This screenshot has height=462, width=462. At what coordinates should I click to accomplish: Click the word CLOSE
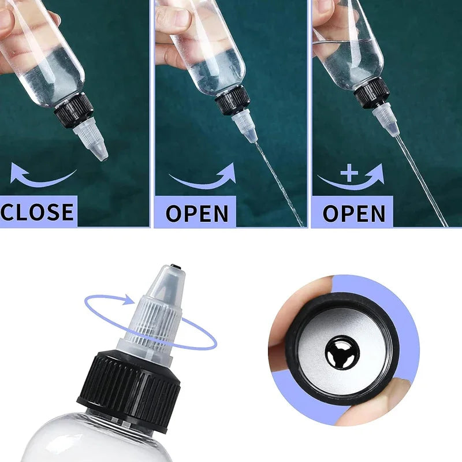[38, 212]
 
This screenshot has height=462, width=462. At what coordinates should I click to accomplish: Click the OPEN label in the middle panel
[197, 213]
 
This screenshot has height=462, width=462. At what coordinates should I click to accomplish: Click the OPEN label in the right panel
[353, 213]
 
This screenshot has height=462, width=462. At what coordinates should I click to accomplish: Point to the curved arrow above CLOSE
[43, 175]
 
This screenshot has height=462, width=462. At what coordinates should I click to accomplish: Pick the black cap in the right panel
[372, 92]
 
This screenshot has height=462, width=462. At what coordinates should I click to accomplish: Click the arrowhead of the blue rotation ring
[129, 300]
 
